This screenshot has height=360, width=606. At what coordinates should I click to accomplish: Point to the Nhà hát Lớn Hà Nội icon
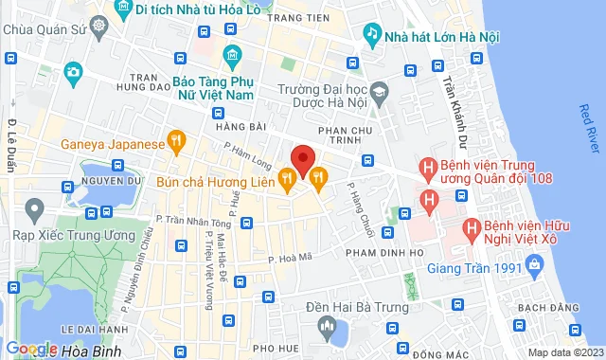coord(373,33)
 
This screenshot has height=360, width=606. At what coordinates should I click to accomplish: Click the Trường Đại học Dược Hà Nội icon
coord(380,92)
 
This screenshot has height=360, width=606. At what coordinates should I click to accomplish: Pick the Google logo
coord(30,349)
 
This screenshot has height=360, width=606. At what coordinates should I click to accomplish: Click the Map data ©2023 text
coord(564,352)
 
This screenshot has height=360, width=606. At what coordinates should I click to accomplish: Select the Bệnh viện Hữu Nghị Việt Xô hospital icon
coord(471,228)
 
